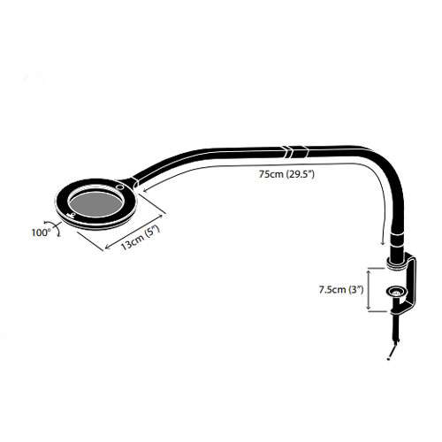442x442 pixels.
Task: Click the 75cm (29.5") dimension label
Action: point(286,174)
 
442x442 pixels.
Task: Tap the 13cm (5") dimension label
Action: point(141,238)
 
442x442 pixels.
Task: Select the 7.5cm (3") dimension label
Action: point(340,290)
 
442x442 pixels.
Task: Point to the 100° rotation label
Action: point(42,232)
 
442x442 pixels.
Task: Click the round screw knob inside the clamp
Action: point(396,292)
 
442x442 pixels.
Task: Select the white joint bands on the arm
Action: point(296,151)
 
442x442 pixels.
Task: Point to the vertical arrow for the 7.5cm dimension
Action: point(369,289)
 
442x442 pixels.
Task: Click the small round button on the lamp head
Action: point(120,187)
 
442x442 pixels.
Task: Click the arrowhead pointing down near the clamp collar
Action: point(383,242)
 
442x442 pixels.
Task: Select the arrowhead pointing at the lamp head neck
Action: point(143,191)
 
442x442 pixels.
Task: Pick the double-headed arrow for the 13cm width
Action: point(134,232)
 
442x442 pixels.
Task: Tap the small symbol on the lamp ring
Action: point(70,215)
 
